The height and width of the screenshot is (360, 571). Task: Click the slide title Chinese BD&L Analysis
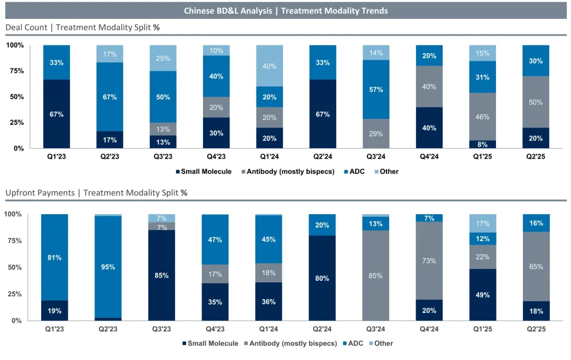coord(285,11)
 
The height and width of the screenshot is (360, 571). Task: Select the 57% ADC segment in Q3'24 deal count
coord(376,89)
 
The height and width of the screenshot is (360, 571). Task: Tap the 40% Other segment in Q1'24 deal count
coord(269,66)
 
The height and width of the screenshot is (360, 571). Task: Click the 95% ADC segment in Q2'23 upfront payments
coord(108,267)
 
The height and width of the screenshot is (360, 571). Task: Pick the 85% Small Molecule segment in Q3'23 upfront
coord(161,275)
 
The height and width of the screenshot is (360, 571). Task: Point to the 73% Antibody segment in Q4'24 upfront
coord(429,261)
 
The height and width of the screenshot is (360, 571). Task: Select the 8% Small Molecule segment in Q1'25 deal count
coord(482,144)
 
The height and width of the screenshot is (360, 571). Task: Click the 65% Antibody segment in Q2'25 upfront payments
coord(536,266)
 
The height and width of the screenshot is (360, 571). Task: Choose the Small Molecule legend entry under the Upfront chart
coord(210,343)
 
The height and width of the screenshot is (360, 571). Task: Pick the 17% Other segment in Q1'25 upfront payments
coord(482,223)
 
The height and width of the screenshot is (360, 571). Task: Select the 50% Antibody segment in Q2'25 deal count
coord(536,102)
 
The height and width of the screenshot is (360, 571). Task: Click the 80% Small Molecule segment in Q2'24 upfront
coord(322,278)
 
